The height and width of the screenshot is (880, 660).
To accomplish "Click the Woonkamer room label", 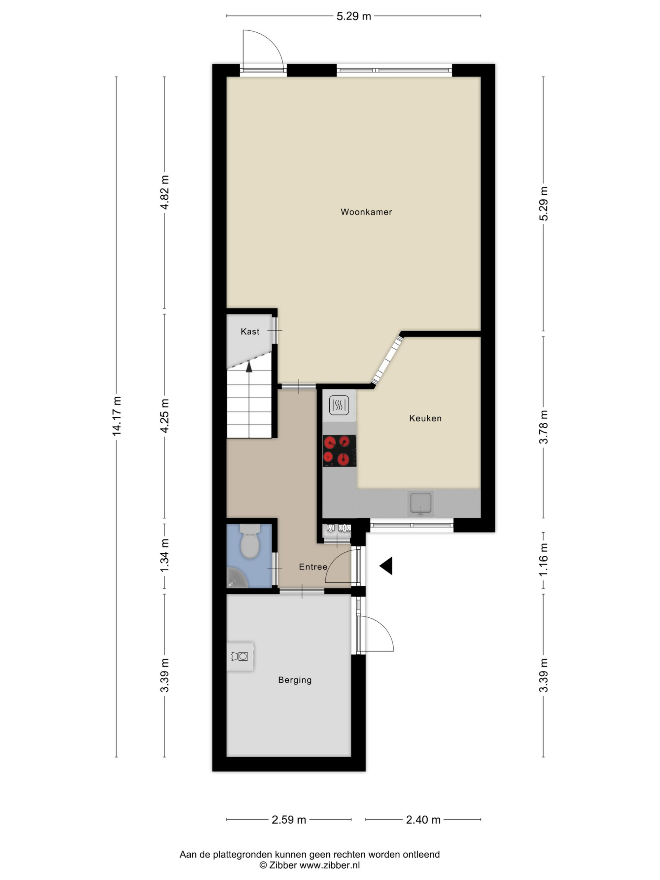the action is click(x=366, y=212).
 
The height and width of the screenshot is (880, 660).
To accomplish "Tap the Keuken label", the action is click(x=425, y=418).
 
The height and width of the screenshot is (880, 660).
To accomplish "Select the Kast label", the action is click(x=250, y=331).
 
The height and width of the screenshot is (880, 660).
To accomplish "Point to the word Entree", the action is click(x=313, y=567).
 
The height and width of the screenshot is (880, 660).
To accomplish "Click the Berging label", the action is click(x=295, y=680).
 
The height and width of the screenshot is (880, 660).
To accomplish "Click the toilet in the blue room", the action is click(x=250, y=541).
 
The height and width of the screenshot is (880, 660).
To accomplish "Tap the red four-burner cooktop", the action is click(x=339, y=451).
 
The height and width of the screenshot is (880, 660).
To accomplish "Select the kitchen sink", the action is click(x=420, y=503).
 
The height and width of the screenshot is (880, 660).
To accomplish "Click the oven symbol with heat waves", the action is click(x=339, y=406).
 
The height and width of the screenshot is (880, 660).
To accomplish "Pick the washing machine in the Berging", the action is click(x=240, y=656).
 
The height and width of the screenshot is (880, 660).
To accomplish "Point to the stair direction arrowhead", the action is click(x=249, y=366).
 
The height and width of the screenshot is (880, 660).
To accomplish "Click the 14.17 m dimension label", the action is click(x=116, y=416).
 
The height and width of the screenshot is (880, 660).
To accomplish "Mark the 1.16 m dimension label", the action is click(x=544, y=559).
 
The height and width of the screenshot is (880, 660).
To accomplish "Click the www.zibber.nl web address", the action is click(x=329, y=865).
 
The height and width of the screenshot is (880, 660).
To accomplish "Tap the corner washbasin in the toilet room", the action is click(x=237, y=579).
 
